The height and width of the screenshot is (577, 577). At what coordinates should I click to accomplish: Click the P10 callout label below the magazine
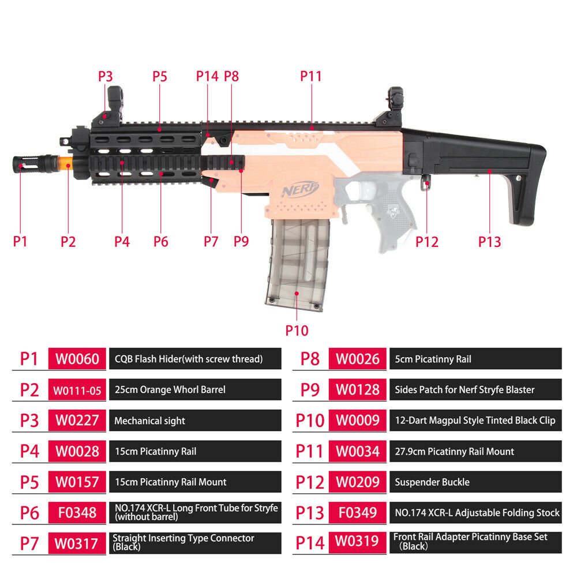click(297, 330)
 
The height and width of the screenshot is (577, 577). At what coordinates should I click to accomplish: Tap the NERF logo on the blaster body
click(299, 189)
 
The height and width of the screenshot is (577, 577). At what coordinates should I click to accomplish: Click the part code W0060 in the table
click(77, 359)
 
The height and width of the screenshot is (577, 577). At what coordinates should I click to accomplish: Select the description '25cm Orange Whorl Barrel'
click(170, 389)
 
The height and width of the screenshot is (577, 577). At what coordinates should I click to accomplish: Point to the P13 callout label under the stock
click(489, 242)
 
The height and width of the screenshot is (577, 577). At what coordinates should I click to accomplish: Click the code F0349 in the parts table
click(358, 512)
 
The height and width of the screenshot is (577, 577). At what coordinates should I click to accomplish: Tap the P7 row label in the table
click(29, 544)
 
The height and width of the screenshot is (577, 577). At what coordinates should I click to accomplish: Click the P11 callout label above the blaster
click(311, 76)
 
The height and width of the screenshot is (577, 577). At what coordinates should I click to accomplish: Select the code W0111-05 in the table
click(77, 390)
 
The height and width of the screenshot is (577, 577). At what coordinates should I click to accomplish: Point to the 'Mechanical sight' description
click(150, 421)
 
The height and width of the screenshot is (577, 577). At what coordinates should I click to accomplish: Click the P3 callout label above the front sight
click(105, 76)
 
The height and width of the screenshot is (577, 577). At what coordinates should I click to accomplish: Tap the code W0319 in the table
click(357, 541)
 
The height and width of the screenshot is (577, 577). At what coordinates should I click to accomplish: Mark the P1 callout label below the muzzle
click(20, 242)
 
